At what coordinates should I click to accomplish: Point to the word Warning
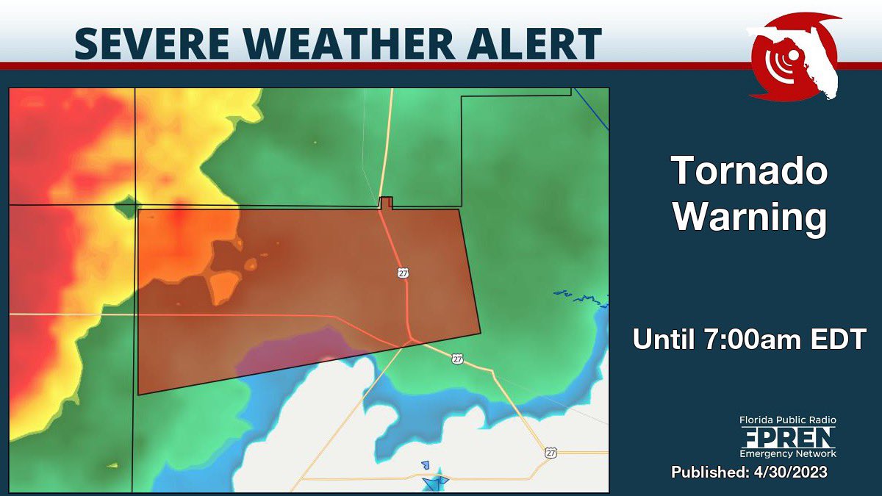750,218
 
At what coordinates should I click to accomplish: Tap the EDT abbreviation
839,339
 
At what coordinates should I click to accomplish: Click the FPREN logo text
788,437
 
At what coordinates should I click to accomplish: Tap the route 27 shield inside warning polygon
403,273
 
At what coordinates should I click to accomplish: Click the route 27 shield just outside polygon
458,359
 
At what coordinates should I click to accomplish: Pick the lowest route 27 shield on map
551,453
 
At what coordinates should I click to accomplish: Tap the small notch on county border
385,203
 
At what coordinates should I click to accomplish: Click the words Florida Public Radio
788,420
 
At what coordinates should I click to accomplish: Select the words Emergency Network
788,454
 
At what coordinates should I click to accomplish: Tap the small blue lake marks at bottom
434,479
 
